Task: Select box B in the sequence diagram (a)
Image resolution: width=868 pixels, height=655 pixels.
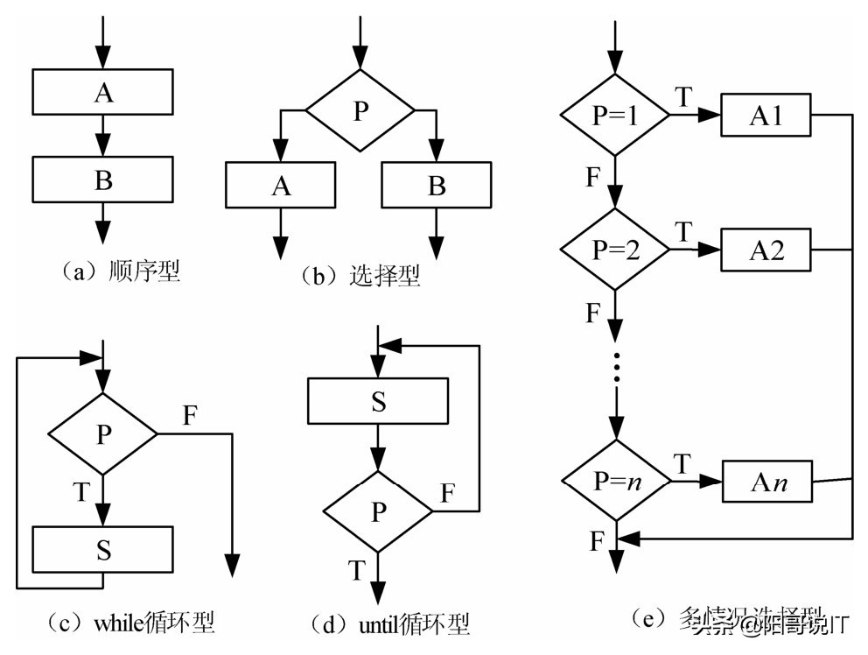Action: pos(103,180)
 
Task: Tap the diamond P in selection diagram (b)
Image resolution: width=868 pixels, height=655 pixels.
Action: pos(360,111)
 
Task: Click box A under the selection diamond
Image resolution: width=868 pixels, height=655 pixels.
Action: pos(280,186)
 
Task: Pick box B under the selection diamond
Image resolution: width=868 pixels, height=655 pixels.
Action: pos(437,186)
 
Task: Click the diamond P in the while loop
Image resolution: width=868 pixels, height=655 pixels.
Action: pos(103,434)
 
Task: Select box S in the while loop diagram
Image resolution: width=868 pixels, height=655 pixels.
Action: pos(103,551)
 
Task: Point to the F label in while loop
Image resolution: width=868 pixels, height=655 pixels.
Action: pos(190,414)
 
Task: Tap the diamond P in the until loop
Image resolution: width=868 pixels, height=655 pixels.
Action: pos(378,511)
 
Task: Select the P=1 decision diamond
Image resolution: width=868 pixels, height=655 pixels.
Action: pos(614,116)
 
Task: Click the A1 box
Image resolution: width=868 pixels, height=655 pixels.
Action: pos(766,116)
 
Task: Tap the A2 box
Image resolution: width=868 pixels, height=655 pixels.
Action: pos(766,250)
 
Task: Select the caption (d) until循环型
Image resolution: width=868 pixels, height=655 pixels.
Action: pos(389,624)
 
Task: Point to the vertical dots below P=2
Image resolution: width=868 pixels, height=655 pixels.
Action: pos(616,368)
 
